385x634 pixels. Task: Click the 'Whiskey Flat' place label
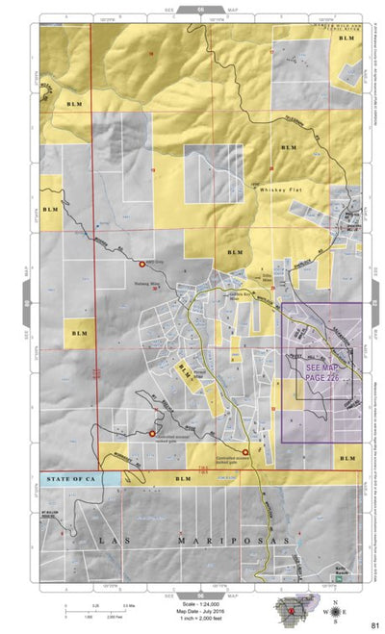[280, 190]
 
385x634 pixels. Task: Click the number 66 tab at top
[200, 8]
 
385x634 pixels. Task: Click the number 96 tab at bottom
[200, 593]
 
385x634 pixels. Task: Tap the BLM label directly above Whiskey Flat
[287, 147]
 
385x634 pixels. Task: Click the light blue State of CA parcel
[110, 478]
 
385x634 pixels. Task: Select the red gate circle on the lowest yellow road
[245, 451]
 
